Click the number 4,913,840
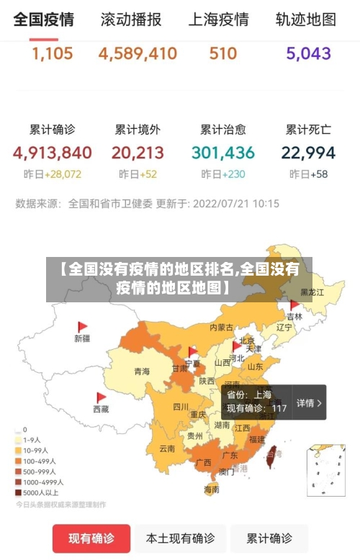tap(52, 153)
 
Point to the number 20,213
tap(138, 153)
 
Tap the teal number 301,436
tap(223, 153)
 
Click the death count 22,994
tap(308, 153)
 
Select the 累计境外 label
tap(138, 130)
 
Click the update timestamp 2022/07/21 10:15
tap(237, 204)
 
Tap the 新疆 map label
tap(81, 338)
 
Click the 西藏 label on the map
tap(101, 408)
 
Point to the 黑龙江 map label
tap(312, 292)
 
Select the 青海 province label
tap(142, 371)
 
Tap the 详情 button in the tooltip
tap(309, 403)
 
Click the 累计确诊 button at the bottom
tap(269, 538)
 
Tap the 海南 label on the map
tap(211, 489)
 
